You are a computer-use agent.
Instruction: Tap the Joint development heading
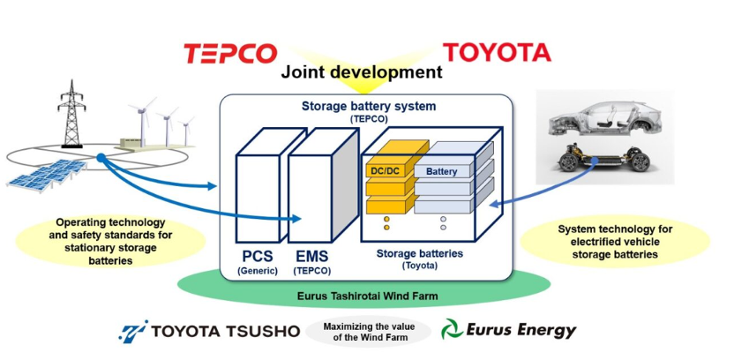pyautogui.click(x=362, y=72)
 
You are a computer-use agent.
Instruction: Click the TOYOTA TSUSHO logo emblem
pyautogui.click(x=134, y=331)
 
